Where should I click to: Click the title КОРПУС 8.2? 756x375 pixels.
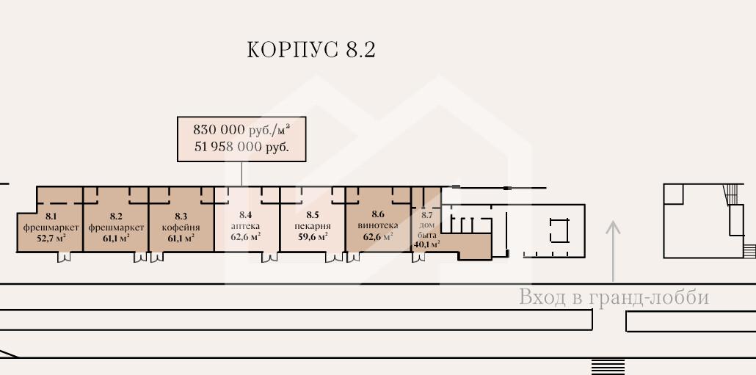coord(312,50)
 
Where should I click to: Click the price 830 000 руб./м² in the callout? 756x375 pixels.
coord(241,129)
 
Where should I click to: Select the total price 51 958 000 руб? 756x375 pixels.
coord(241,147)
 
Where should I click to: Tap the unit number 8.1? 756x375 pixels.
coord(51,216)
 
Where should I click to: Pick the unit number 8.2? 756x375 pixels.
coord(115,216)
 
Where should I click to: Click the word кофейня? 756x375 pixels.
coord(181,227)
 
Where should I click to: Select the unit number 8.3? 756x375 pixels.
coord(181,216)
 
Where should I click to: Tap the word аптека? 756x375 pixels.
coord(245,227)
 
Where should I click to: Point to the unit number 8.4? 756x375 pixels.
coord(245,216)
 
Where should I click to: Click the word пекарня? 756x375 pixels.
coord(312,227)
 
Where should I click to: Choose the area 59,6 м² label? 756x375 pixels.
coord(312,237)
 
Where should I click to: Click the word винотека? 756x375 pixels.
coord(377,226)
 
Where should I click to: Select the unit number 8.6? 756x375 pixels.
coord(377,216)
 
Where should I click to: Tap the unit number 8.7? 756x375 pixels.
coord(427,215)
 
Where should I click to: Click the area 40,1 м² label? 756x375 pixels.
coord(426,244)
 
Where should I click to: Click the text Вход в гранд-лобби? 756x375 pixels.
coord(614,297)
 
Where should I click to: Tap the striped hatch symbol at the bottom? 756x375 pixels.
coord(608,366)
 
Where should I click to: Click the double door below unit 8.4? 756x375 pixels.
coord(267,258)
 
